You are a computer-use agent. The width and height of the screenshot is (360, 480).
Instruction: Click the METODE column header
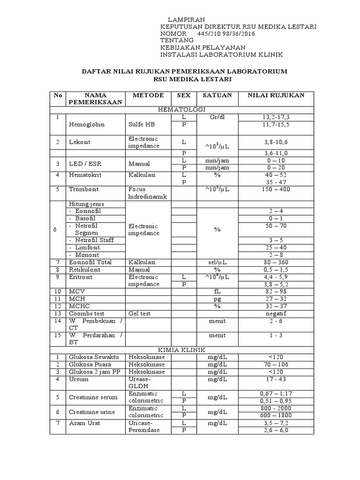(148, 95)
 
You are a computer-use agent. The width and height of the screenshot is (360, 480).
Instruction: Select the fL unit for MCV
(217, 292)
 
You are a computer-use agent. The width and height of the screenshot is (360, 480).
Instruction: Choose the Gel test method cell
(140, 313)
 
